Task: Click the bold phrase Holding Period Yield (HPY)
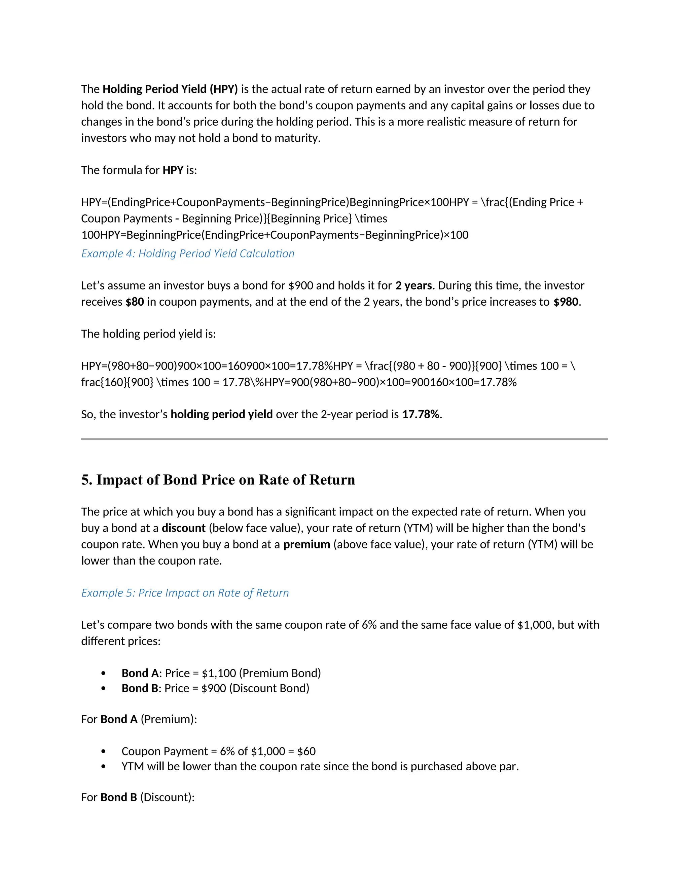pos(170,89)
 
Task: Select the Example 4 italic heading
pos(187,254)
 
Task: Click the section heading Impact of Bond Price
pos(218,480)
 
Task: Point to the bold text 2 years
pos(413,285)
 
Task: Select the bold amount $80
pos(135,302)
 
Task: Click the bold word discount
pos(183,528)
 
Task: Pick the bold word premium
pos(306,545)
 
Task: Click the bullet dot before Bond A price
pos(103,673)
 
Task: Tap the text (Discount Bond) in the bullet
pos(269,688)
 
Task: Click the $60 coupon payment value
pos(306,751)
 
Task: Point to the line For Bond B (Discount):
pos(138,797)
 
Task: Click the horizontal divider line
pos(344,439)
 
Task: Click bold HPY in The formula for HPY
pos(173,170)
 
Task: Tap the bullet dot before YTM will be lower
pos(103,767)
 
